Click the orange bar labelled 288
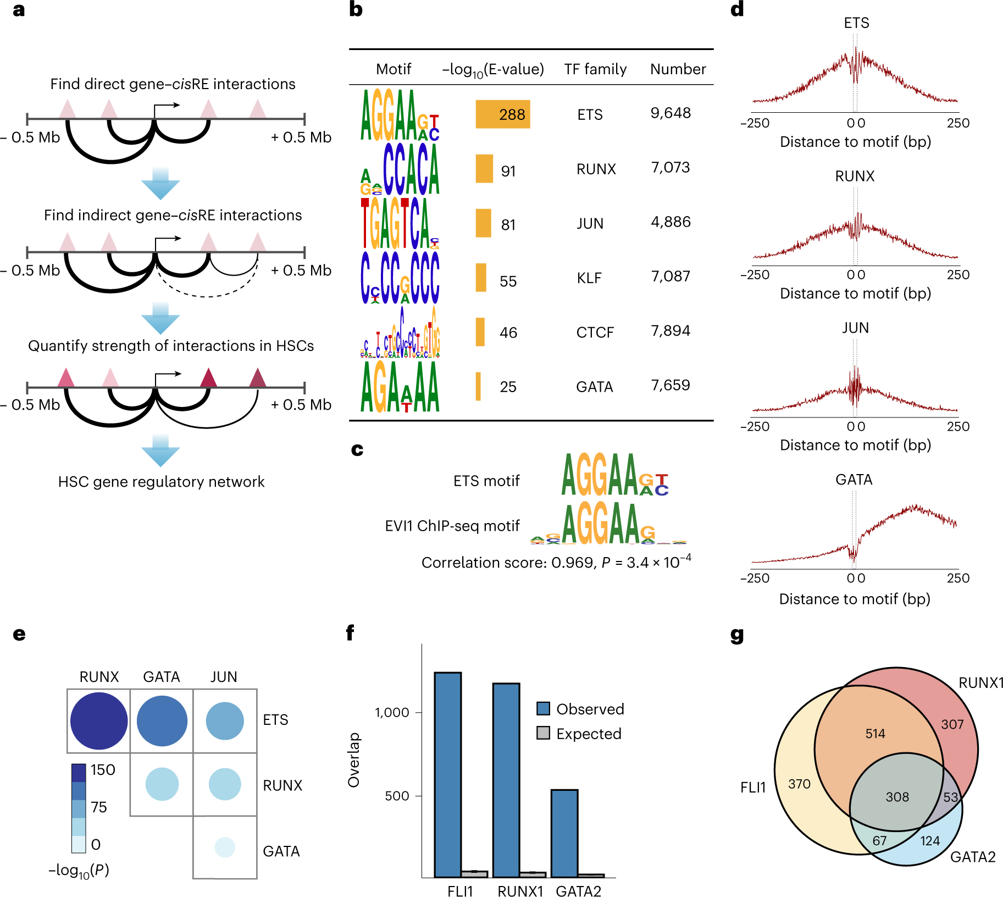tap(502, 114)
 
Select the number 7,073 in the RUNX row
tap(670, 167)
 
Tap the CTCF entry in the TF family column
tap(595, 332)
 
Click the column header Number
tap(678, 69)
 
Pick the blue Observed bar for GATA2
tap(564, 833)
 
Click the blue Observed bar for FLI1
tap(447, 774)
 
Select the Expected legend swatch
tap(543, 733)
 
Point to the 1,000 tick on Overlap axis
tap(392, 713)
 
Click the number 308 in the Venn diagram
tap(897, 797)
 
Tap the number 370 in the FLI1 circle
tap(799, 784)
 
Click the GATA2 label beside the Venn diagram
tap(972, 857)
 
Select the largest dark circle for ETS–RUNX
tap(99, 720)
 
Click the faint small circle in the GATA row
tap(225, 847)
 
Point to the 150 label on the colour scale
tap(103, 769)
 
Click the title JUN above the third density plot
tap(855, 328)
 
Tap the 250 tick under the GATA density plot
tap(958, 578)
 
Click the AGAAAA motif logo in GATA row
tap(400, 387)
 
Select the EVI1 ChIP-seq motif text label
tap(452, 526)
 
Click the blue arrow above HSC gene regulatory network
tap(160, 451)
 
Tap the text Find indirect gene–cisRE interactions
tap(173, 215)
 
